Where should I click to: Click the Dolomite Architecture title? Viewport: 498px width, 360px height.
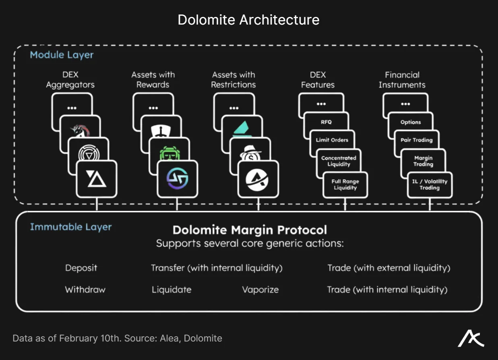tap(248, 20)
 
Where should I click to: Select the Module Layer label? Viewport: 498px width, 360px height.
tap(62, 55)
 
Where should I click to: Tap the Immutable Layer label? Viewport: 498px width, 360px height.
tap(70, 227)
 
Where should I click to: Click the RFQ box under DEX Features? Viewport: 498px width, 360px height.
tap(326, 122)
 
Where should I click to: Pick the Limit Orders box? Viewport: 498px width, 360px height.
tap(332, 140)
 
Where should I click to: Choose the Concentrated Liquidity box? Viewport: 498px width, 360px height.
tap(339, 161)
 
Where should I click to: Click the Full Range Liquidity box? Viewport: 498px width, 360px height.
tap(345, 184)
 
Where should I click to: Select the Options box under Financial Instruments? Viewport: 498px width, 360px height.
tap(410, 122)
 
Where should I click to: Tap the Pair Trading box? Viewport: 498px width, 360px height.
tap(416, 140)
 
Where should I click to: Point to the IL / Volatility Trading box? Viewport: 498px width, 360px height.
tap(430, 184)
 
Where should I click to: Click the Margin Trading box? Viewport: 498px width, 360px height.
tap(423, 161)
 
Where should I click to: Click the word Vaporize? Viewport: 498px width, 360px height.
tap(260, 290)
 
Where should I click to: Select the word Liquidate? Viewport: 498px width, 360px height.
tap(171, 290)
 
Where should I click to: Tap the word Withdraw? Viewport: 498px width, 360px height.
tap(85, 290)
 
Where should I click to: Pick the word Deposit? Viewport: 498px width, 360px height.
tap(81, 268)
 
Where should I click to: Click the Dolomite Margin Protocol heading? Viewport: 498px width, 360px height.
tap(250, 230)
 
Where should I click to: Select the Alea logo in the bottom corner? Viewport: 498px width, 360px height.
tap(471, 339)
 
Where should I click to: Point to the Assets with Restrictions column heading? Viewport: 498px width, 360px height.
tap(234, 80)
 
